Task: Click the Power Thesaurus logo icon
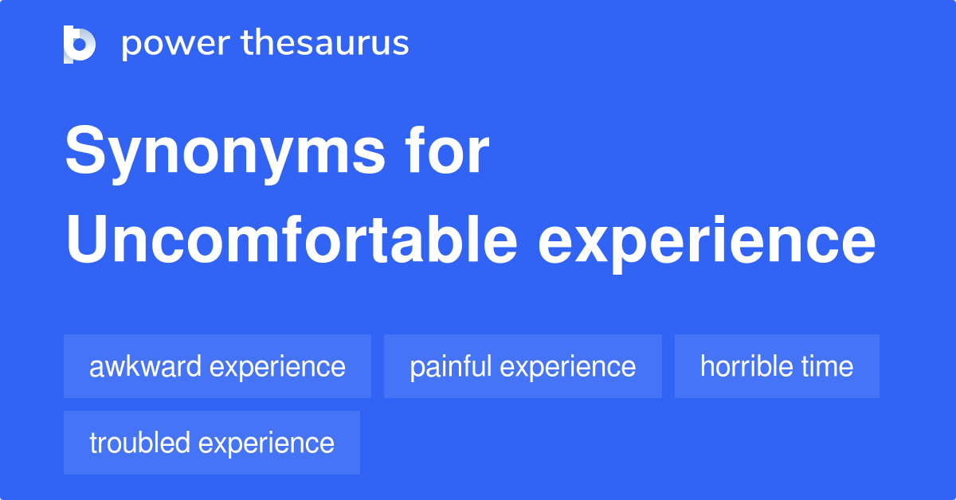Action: [x=80, y=44]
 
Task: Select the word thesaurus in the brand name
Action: [x=325, y=43]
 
